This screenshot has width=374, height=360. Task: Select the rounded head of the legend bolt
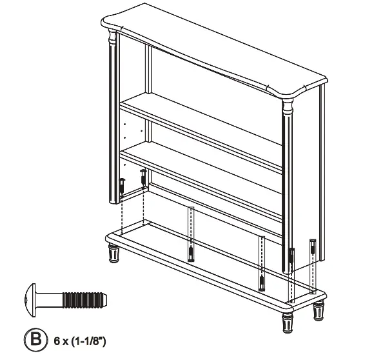29,300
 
